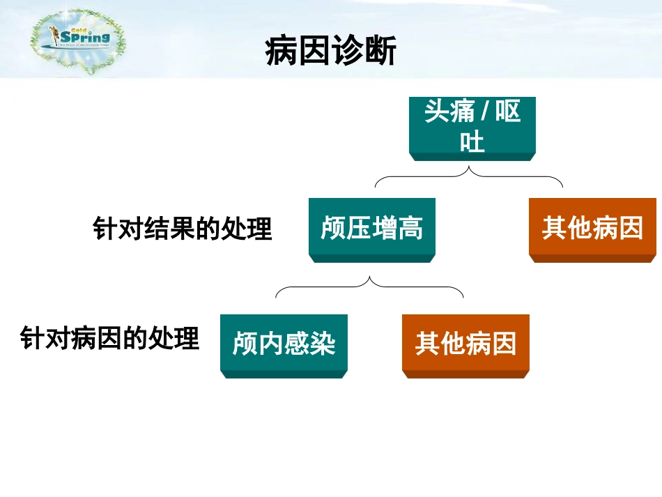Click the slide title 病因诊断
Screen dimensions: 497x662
pyautogui.click(x=330, y=52)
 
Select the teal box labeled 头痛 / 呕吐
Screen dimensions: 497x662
pyautogui.click(x=472, y=127)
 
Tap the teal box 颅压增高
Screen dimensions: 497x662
pyautogui.click(x=371, y=229)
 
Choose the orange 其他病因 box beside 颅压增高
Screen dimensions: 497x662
pyautogui.click(x=592, y=229)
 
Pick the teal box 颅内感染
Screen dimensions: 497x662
pyautogui.click(x=284, y=344)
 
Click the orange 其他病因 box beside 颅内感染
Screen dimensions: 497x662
pyautogui.click(x=465, y=344)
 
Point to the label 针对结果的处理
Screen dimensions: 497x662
pyautogui.click(x=182, y=229)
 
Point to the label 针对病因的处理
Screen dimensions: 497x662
pyautogui.click(x=110, y=339)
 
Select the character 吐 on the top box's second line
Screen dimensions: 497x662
pyautogui.click(x=472, y=142)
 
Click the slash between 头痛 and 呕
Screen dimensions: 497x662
pyautogui.click(x=485, y=112)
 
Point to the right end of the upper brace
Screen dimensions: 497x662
pyautogui.click(x=562, y=186)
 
